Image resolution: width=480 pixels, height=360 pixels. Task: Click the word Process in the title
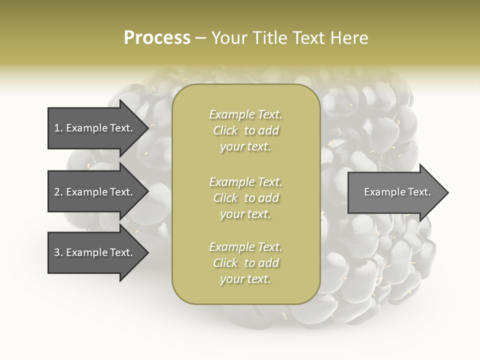pyautogui.click(x=157, y=38)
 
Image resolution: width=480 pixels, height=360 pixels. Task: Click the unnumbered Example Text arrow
pyautogui.click(x=395, y=192)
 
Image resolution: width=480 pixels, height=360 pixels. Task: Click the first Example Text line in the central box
pyautogui.click(x=245, y=114)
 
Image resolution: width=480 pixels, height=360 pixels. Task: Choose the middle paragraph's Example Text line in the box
pyautogui.click(x=245, y=182)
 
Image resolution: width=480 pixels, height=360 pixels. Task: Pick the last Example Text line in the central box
pyautogui.click(x=245, y=247)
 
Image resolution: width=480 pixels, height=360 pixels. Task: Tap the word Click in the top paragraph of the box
pyautogui.click(x=225, y=130)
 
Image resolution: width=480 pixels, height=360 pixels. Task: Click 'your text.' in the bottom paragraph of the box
pyautogui.click(x=245, y=279)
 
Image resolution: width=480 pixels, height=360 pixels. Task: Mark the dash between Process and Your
pyautogui.click(x=201, y=38)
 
